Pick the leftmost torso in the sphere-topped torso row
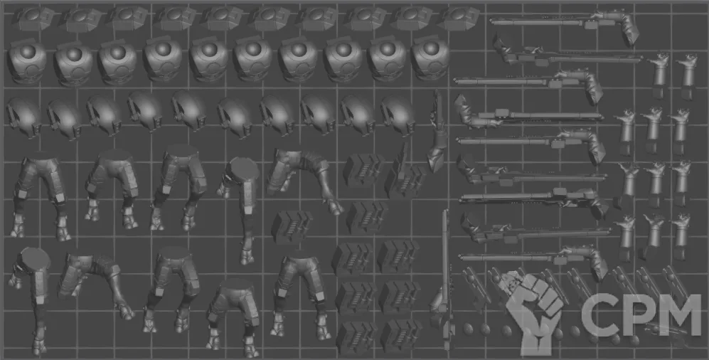pyautogui.click(x=27, y=61)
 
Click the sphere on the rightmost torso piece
pyautogui.click(x=430, y=48)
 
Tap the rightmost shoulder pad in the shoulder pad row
pyautogui.click(x=398, y=115)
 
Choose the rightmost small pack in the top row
pyautogui.click(x=459, y=18)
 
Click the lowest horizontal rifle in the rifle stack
pyautogui.click(x=533, y=261)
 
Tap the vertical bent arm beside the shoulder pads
pyautogui.click(x=437, y=131)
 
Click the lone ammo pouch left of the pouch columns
pyautogui.click(x=292, y=226)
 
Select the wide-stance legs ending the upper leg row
pyautogui.click(x=304, y=180)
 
